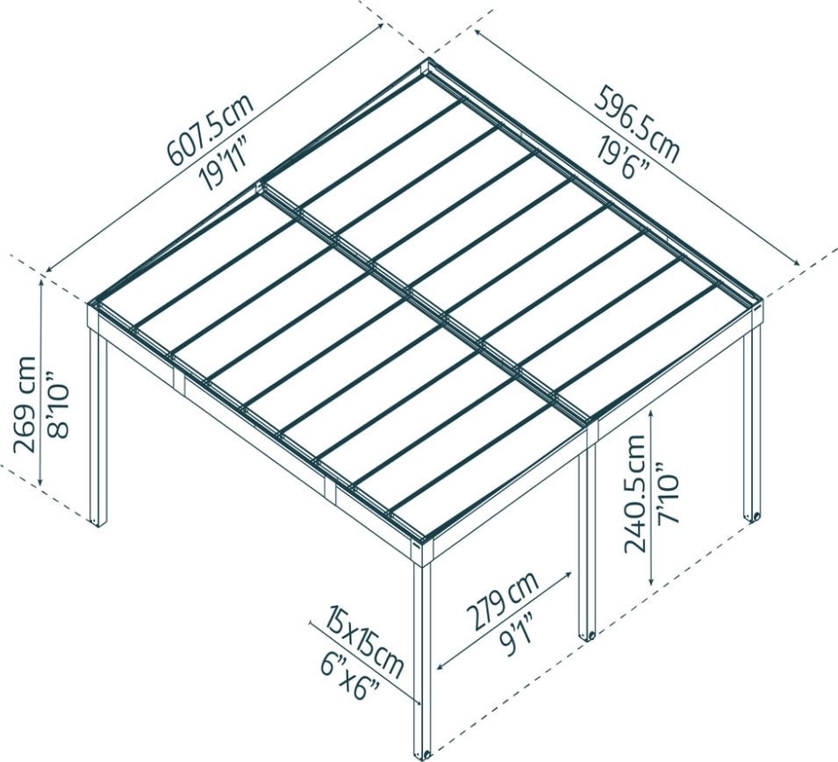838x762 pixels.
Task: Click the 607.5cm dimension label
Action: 210,128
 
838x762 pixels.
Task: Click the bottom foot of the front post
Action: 425,752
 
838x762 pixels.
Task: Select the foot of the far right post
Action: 751,517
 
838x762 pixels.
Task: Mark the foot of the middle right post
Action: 585,633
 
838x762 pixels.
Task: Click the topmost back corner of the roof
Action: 427,65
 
